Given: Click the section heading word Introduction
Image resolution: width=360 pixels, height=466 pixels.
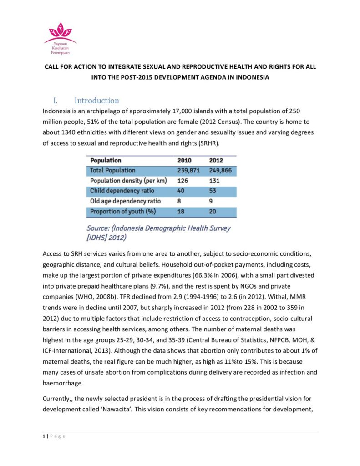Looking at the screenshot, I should point(96,101).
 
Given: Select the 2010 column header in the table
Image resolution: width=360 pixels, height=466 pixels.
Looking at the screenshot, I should point(184,160).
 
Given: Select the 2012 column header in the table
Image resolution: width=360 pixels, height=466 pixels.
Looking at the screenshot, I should point(216,160).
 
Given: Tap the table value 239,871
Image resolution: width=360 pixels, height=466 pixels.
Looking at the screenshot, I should point(189,170).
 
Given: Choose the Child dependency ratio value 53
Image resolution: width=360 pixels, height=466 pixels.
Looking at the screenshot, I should point(213,191).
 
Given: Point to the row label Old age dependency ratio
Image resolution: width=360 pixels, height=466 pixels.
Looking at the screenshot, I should point(125,201).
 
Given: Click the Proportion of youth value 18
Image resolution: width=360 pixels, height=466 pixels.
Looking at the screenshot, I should point(181,212).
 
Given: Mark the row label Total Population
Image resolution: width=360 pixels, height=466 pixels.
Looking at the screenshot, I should point(113,170).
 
